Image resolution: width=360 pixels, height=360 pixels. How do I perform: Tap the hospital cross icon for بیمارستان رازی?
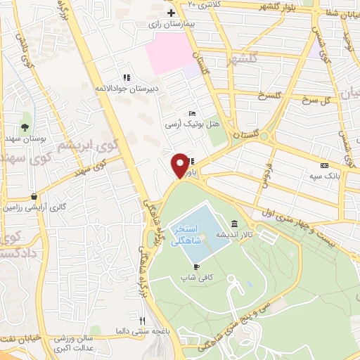tap(171, 13)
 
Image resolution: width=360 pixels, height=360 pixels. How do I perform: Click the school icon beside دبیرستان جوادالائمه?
tap(126, 77)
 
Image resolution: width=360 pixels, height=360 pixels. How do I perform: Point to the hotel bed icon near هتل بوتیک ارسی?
tap(193, 113)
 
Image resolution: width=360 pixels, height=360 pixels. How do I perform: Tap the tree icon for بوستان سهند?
tap(25, 127)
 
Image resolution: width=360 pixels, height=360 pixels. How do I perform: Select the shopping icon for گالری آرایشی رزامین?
tap(34, 198)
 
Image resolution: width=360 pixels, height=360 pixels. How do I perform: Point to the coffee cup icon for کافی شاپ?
tap(196, 266)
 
